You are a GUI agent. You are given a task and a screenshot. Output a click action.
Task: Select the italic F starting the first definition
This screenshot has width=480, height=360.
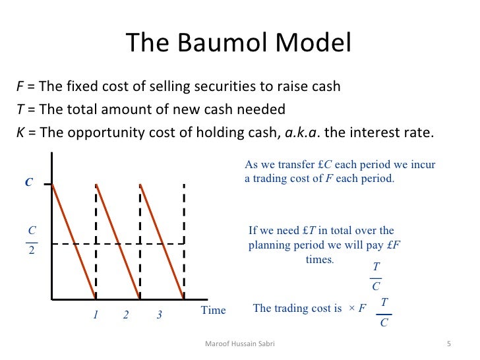coord(19,87)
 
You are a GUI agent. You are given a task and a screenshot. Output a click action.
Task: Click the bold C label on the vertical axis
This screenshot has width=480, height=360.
coord(28,183)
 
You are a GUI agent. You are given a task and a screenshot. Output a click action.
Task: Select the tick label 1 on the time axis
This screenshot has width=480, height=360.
coord(95,315)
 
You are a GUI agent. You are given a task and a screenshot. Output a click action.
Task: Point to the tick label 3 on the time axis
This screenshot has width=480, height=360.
coord(159,315)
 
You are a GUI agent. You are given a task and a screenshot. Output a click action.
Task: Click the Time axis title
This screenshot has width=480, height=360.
coord(212,311)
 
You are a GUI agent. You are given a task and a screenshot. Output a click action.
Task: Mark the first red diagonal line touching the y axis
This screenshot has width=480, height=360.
coord(73,241)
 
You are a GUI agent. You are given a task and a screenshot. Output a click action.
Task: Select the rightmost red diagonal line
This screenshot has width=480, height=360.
coord(162,241)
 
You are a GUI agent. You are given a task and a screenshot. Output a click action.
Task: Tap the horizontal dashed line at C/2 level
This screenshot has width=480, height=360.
coord(119,244)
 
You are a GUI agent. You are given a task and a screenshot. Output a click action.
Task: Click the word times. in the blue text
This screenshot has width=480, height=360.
coord(320,259)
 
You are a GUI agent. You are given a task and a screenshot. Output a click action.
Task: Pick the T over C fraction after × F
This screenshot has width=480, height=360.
coord(384,312)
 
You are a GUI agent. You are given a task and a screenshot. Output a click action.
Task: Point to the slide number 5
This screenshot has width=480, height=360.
coord(448,344)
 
